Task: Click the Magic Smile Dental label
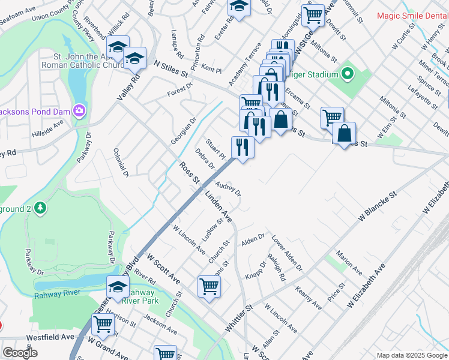(412, 16)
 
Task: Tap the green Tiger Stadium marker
(346, 74)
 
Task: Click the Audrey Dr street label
(228, 190)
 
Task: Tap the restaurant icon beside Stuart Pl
(242, 148)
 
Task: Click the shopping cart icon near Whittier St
(209, 286)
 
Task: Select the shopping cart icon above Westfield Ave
(103, 324)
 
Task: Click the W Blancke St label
(378, 208)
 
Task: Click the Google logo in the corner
(20, 352)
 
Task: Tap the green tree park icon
(40, 208)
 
